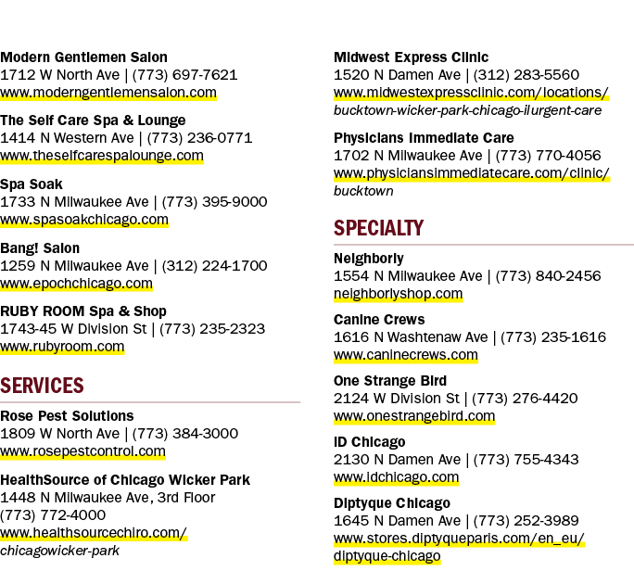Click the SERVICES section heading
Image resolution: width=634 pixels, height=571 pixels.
(x=42, y=386)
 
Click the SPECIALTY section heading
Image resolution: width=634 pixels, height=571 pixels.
(x=378, y=228)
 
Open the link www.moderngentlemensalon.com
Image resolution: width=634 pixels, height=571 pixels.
(x=108, y=93)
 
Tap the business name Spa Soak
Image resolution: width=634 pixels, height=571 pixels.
(x=32, y=184)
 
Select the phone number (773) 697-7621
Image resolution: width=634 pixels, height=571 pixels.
(x=184, y=75)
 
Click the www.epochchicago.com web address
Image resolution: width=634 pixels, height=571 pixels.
(x=76, y=284)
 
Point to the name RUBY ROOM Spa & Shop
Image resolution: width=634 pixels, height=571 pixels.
(x=83, y=311)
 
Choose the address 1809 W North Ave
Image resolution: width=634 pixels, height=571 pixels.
(x=60, y=434)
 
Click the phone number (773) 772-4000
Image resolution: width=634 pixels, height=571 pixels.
(x=53, y=515)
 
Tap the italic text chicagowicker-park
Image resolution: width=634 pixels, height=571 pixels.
(x=60, y=551)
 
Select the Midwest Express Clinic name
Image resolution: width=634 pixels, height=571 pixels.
(x=412, y=57)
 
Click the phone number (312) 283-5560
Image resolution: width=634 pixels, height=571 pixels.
(x=526, y=75)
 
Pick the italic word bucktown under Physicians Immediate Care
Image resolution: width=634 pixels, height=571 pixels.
(x=363, y=191)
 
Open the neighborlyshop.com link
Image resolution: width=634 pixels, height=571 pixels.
(x=399, y=294)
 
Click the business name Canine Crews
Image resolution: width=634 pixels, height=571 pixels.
(x=379, y=320)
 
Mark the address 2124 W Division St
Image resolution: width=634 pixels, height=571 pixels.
(x=397, y=399)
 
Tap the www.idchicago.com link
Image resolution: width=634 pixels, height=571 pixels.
(x=397, y=477)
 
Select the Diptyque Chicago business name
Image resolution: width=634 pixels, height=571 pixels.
(x=392, y=503)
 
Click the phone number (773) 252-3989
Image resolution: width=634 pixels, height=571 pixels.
(x=526, y=520)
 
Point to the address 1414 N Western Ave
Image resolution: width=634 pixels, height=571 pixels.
(x=67, y=138)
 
